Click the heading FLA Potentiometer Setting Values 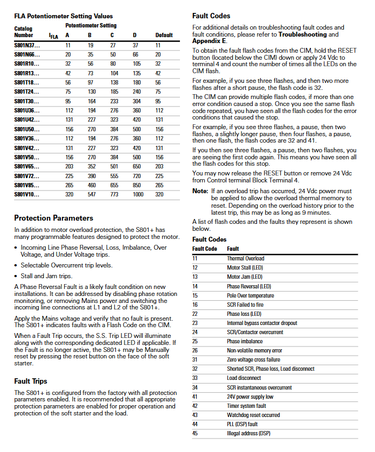[x=64, y=16]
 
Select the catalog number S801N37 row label [x=27, y=46]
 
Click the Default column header [x=164, y=35]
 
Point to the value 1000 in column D [x=138, y=194]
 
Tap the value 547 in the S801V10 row [x=91, y=194]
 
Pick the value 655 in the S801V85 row [x=114, y=185]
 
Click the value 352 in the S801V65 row [x=91, y=166]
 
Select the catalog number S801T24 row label [x=27, y=92]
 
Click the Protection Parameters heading [x=53, y=218]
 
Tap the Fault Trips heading [x=31, y=381]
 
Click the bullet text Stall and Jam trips [x=46, y=276]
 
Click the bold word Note [x=200, y=191]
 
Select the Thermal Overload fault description [x=245, y=258]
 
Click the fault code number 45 [x=195, y=433]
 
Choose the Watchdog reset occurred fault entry [x=253, y=415]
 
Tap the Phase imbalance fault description [x=245, y=341]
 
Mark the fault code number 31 [x=195, y=359]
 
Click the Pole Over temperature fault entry [x=250, y=295]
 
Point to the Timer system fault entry [x=246, y=406]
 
